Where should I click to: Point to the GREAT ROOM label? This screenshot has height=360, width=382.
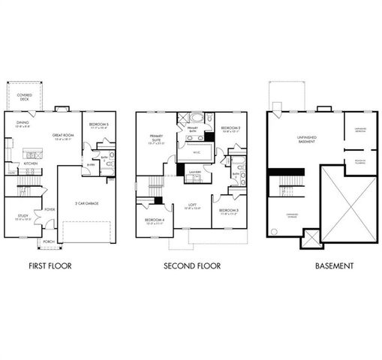[63, 136]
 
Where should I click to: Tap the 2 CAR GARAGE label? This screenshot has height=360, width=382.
[87, 202]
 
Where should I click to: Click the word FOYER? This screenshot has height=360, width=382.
[50, 209]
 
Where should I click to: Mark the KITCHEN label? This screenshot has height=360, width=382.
[31, 163]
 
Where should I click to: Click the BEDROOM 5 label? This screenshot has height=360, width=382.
[99, 124]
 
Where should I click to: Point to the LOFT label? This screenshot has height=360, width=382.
[194, 205]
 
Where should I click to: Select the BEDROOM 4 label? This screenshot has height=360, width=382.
[153, 221]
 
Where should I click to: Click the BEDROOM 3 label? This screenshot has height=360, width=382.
[228, 211]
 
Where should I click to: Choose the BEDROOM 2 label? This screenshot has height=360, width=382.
[230, 128]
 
